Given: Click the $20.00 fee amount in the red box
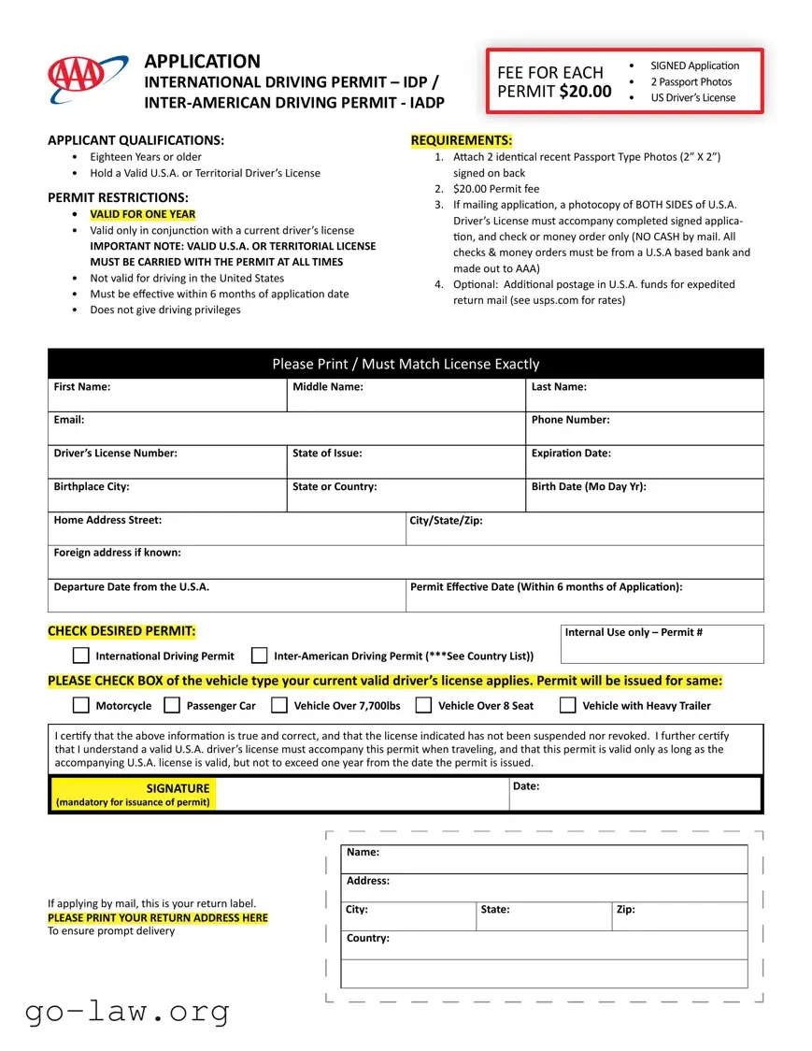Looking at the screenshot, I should (x=586, y=92).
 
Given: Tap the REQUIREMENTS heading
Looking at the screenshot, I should (x=461, y=140).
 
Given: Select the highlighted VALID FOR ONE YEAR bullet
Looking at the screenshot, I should (x=143, y=214).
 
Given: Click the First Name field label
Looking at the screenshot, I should (x=82, y=387).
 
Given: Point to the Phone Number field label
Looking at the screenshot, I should (x=570, y=420).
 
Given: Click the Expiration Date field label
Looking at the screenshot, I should (x=571, y=454).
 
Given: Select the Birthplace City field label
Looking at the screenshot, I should (x=92, y=486).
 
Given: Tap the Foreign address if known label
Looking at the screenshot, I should (x=117, y=553).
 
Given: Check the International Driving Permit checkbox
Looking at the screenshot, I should (x=81, y=655).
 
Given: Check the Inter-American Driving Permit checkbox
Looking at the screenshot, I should (x=260, y=655).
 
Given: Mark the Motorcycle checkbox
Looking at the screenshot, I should (x=81, y=705).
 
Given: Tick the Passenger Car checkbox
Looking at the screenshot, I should (x=172, y=705).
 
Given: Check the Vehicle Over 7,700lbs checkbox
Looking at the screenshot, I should (x=279, y=705).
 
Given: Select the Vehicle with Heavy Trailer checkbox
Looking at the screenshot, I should (x=568, y=705).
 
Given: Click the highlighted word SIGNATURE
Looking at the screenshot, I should (x=178, y=788).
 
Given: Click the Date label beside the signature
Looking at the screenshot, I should (x=526, y=786).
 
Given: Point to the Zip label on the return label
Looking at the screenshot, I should (x=625, y=910).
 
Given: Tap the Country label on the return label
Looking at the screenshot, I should (x=367, y=938).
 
